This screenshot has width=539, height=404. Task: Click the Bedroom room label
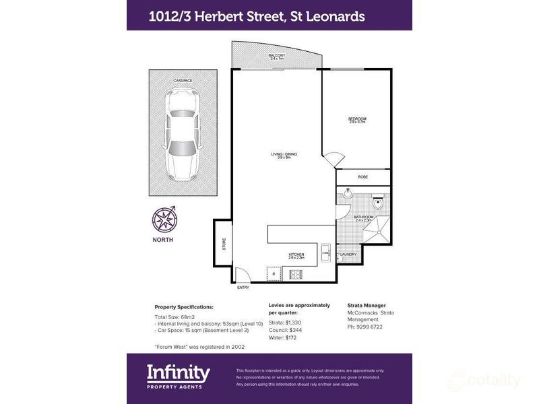coord(357,119)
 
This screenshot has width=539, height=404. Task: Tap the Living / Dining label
coord(284,154)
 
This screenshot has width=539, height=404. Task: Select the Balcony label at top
coord(276,55)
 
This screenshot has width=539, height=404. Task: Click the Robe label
coord(362,177)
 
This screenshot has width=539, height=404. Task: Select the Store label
coord(224,243)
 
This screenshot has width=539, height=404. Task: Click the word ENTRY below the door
coord(243,288)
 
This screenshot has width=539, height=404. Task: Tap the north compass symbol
coord(163,219)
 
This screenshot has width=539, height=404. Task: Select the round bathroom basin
coord(346,195)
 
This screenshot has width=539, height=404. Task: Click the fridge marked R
coord(274,273)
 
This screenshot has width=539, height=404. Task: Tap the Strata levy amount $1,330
coord(299,323)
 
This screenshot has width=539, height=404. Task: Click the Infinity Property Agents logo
coord(179,374)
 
